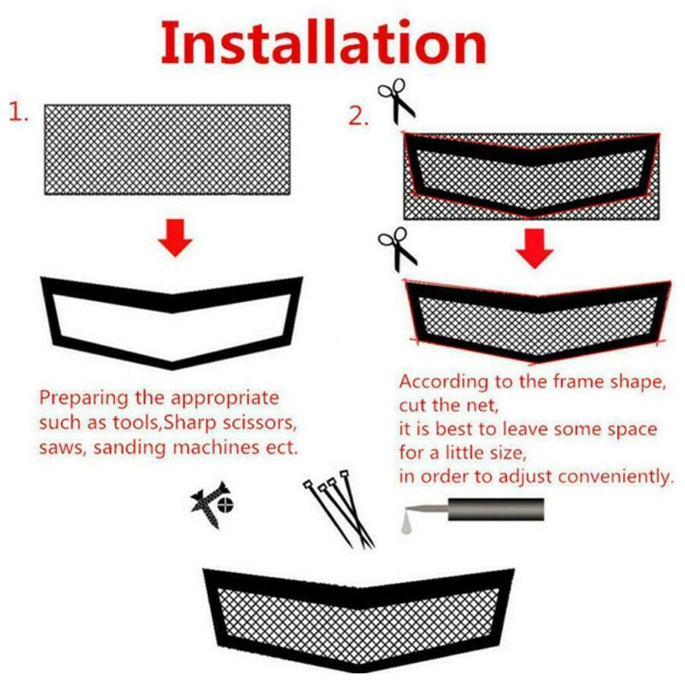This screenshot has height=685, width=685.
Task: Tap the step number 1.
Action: [19, 113]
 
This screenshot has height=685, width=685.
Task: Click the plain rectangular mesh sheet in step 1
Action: [168, 149]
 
